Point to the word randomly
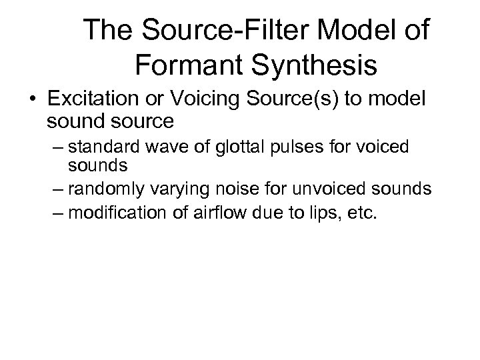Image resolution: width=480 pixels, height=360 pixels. coord(100,190)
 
